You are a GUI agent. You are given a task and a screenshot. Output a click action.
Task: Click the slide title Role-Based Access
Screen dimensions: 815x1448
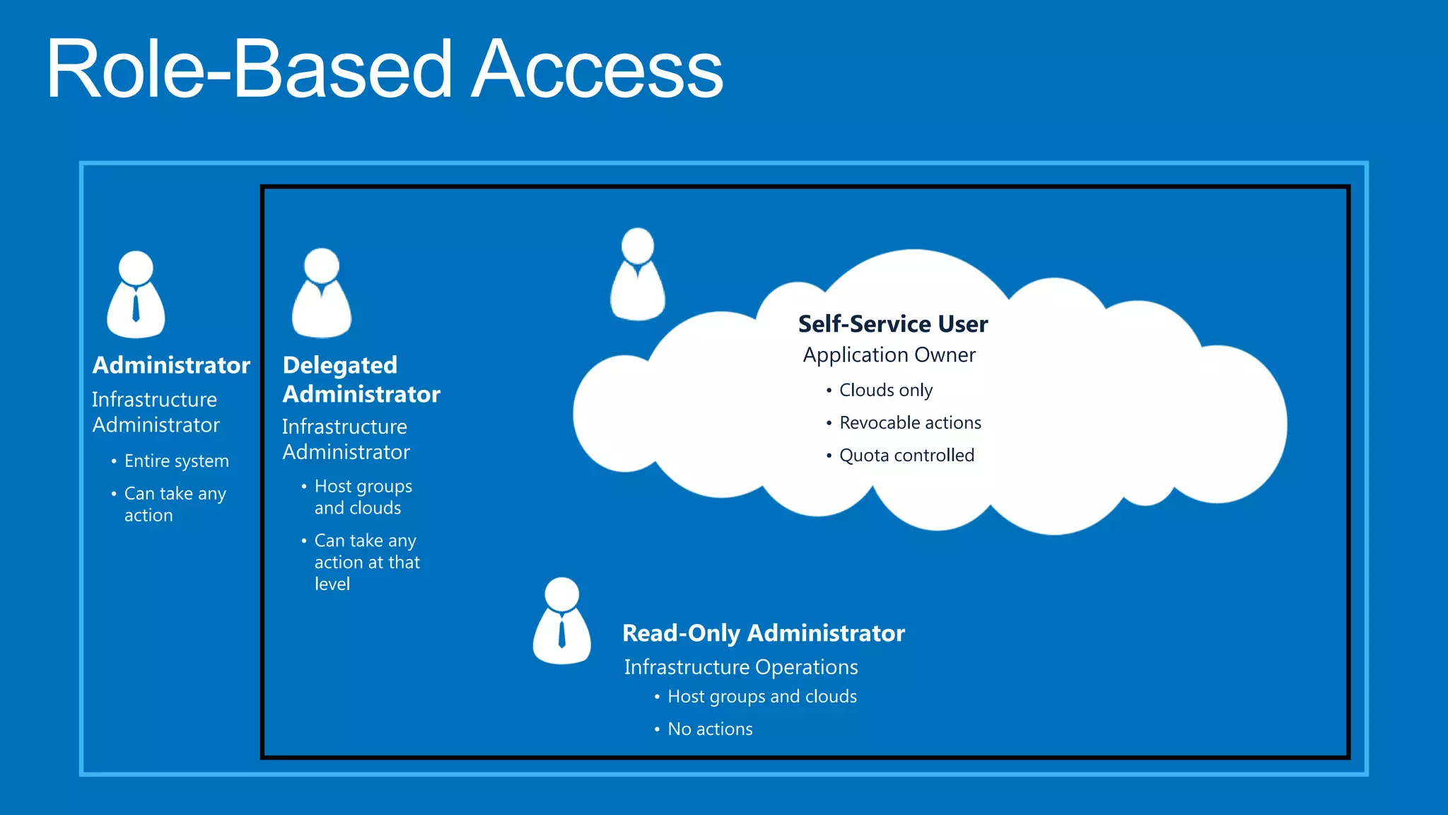(385, 69)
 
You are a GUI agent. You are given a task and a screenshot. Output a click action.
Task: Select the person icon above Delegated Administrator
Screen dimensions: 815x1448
(322, 293)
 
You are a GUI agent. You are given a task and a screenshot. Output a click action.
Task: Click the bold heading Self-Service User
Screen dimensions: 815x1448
(892, 324)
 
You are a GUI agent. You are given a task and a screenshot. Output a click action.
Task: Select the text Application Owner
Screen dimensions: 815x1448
(889, 355)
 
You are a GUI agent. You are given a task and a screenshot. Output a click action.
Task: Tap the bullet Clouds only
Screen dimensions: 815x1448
(885, 391)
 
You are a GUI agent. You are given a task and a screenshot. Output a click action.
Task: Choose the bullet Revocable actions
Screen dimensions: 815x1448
(910, 423)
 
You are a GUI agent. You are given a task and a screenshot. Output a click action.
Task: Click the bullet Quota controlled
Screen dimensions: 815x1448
(906, 456)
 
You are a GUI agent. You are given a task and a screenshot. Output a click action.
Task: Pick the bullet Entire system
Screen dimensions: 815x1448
(176, 461)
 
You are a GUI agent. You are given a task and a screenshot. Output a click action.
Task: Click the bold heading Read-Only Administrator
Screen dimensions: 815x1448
(763, 633)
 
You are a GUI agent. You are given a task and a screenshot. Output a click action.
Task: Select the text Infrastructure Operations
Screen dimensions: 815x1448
(740, 667)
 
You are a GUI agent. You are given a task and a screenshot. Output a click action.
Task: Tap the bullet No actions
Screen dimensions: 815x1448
(710, 729)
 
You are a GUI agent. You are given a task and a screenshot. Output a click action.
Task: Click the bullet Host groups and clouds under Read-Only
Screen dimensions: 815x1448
(761, 697)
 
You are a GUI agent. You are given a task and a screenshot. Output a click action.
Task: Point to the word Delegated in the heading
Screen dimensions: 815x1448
(339, 366)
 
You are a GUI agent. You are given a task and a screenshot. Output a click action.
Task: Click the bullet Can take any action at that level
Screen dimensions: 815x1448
(366, 562)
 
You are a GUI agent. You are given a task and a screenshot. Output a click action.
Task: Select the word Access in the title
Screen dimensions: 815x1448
(598, 69)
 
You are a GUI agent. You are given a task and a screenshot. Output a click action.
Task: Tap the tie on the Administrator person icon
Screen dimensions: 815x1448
(136, 308)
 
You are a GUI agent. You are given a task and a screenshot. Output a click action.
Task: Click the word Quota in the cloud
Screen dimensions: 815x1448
(864, 456)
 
